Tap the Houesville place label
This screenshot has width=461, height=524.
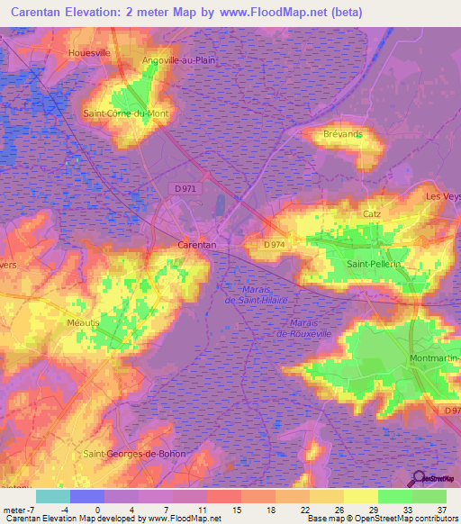[89, 53]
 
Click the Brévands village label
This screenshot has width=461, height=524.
[342, 133]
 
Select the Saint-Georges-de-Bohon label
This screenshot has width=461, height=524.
[134, 453]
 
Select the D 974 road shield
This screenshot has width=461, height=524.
[276, 244]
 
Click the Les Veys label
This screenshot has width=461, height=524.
[443, 197]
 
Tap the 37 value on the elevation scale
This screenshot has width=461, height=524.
[440, 510]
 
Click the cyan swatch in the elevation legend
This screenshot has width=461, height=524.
[53, 495]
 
